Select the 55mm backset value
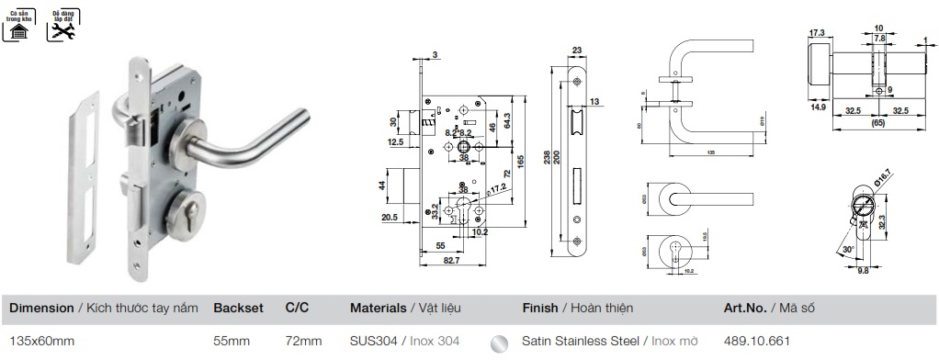[231, 341]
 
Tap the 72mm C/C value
[303, 341]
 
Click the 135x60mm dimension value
[41, 341]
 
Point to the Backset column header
[238, 308]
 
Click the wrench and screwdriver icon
[63, 23]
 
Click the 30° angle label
[846, 249]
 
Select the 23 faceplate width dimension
[576, 52]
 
